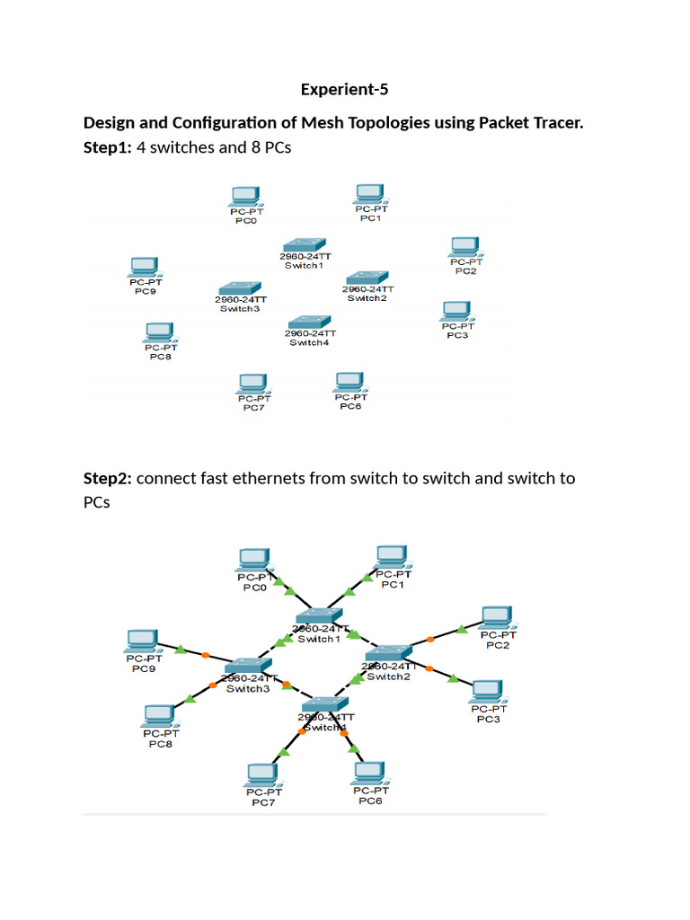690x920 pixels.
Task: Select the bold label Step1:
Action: click(x=107, y=146)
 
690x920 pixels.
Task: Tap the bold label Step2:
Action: click(x=107, y=478)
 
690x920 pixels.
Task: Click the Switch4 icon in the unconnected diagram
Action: click(x=310, y=322)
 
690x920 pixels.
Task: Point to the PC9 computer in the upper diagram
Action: click(x=144, y=267)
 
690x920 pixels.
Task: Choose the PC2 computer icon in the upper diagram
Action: click(x=464, y=246)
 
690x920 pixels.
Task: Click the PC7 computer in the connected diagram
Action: click(x=262, y=774)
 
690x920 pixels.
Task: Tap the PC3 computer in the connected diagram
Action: click(x=487, y=690)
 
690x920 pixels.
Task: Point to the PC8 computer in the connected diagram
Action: click(x=159, y=716)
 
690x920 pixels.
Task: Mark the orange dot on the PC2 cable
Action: click(x=430, y=640)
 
